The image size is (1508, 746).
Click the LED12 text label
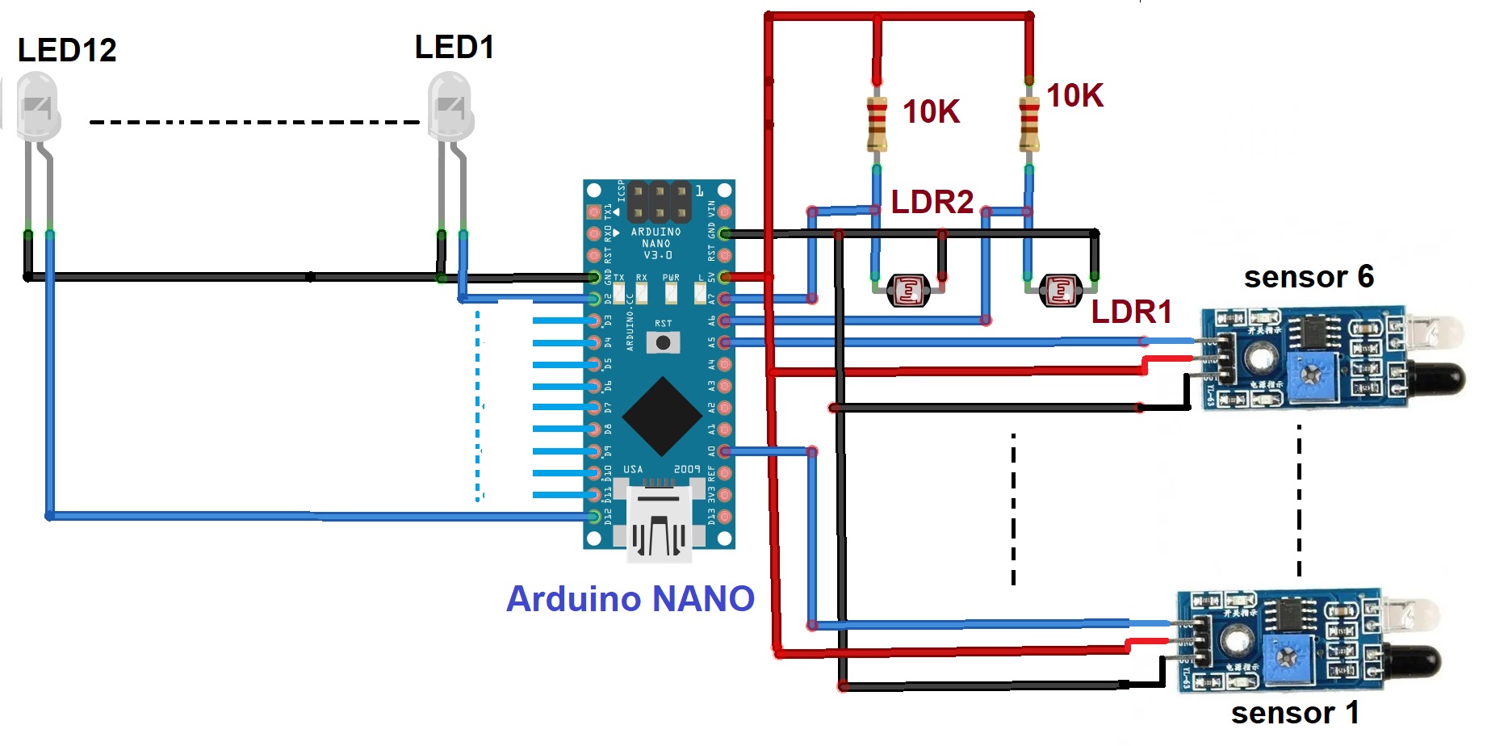pyautogui.click(x=67, y=50)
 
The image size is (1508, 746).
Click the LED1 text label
pyautogui.click(x=454, y=47)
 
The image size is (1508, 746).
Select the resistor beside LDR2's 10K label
pyautogui.click(x=877, y=124)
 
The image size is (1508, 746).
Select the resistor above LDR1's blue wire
pyautogui.click(x=1028, y=124)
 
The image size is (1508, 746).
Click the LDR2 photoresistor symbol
pyautogui.click(x=908, y=291)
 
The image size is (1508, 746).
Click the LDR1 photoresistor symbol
pyautogui.click(x=1060, y=291)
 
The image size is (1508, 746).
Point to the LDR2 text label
pyautogui.click(x=932, y=202)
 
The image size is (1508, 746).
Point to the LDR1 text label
pyautogui.click(x=1131, y=312)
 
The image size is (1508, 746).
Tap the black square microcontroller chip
pyautogui.click(x=662, y=416)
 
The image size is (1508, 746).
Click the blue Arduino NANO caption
pyautogui.click(x=630, y=599)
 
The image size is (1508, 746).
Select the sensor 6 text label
pyautogui.click(x=1309, y=277)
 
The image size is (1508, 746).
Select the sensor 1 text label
pyautogui.click(x=1295, y=713)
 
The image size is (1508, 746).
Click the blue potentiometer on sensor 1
pyautogui.click(x=1287, y=659)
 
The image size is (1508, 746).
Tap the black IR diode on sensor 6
pyautogui.click(x=1438, y=379)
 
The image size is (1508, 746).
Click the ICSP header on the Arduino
pyautogui.click(x=660, y=202)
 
